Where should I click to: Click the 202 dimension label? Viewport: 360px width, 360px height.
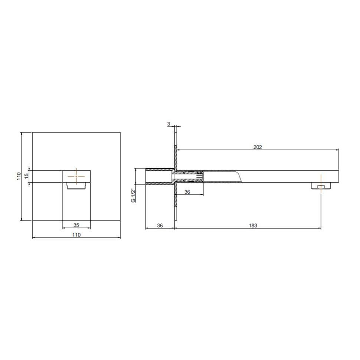[x=257, y=147]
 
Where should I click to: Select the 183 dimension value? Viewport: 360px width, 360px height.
[x=253, y=225]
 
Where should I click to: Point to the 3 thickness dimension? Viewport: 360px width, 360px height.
[x=169, y=124]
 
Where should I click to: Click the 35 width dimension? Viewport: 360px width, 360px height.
[x=76, y=225]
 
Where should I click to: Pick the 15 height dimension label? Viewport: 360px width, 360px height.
[x=27, y=176]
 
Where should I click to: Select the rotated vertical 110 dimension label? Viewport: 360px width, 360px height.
[x=19, y=176]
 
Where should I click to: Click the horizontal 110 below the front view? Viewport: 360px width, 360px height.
[x=76, y=235]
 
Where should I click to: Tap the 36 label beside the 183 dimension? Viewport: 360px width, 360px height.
[x=160, y=225]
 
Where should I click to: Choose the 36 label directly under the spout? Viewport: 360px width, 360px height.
[x=187, y=192]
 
